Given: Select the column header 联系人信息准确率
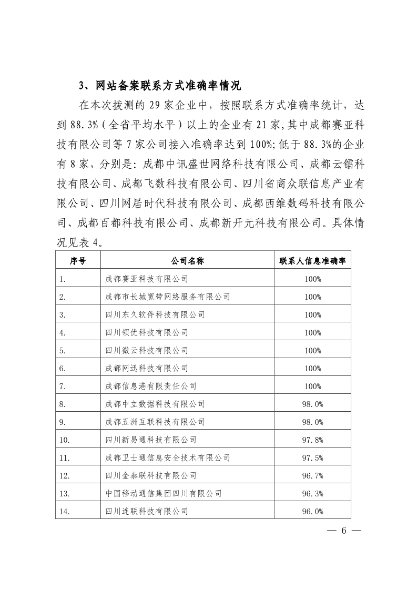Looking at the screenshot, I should pos(312,261).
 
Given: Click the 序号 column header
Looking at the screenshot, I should pos(78,261).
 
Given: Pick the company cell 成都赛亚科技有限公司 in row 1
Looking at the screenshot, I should pos(147,279).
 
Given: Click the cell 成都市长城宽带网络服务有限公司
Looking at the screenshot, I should pos(168,297).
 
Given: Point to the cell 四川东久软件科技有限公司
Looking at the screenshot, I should pos(155,314).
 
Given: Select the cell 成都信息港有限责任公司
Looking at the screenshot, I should pos(151,386).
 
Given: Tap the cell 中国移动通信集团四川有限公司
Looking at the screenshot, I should pos(164,493).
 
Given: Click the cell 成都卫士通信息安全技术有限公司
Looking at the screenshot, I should pos(168,457).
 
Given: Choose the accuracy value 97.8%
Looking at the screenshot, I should pos(313,440).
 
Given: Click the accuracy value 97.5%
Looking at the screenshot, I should pos(313,457).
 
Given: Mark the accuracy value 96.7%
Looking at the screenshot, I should pos(313,475).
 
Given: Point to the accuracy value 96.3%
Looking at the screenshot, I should pos(313,493).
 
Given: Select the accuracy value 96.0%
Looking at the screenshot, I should pos(313,511).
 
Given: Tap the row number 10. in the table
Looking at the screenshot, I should pos(65,440).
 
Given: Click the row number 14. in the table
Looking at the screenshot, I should pos(65,511).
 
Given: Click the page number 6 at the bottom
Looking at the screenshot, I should pos(344,530).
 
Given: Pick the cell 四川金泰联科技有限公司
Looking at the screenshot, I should pos(151,475).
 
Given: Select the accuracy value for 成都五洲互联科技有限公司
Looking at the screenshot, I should pos(313,422).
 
